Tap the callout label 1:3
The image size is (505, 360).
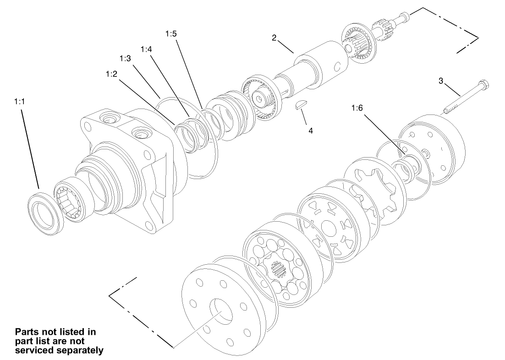coord(126,59)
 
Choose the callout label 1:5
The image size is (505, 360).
coord(170,34)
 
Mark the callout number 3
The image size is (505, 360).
coord(440,81)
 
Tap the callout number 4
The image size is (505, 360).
coord(310,131)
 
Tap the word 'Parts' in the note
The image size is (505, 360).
coord(28,331)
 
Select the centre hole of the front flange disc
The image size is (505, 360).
coord(221,312)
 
